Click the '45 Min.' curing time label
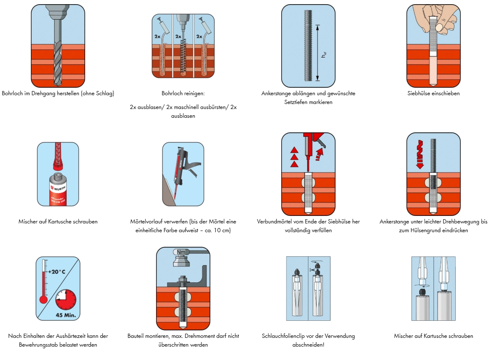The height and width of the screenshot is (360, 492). click(66, 315)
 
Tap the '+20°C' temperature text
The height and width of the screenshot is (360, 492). click(57, 271)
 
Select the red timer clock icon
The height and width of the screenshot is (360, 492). click(66, 299)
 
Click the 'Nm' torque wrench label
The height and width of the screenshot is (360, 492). click(181, 252)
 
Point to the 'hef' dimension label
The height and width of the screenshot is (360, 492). click(324, 54)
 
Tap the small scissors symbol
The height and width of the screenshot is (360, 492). click(312, 269)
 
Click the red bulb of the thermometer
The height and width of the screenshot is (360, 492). click(43, 299)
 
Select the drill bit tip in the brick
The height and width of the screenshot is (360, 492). click(58, 83)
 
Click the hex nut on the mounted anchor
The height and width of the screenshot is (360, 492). click(182, 279)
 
